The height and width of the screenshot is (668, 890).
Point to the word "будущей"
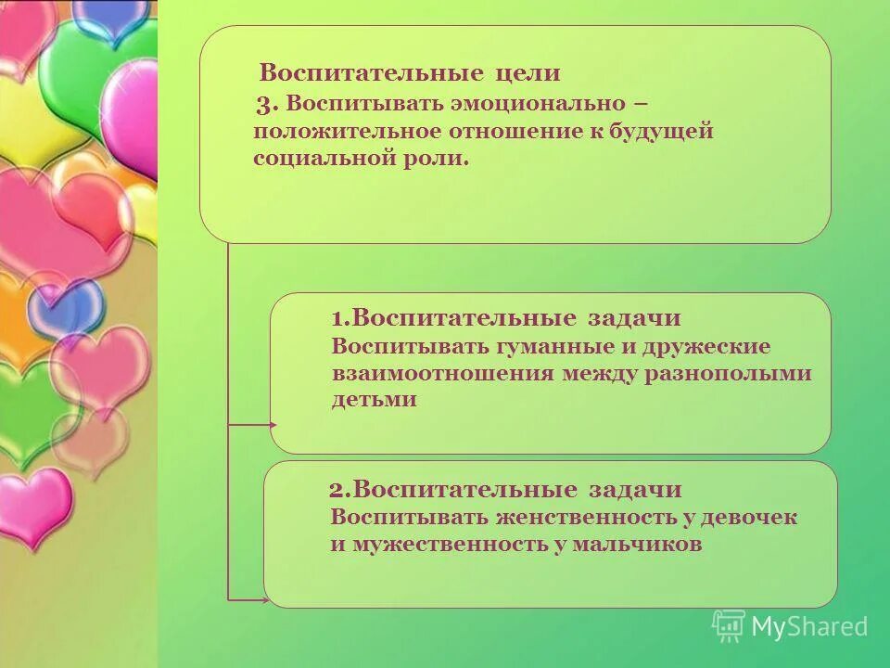coord(661,131)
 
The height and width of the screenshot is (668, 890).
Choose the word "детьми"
coord(375,401)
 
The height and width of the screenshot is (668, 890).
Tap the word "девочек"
coord(744,517)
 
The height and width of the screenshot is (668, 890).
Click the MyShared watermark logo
coord(790,626)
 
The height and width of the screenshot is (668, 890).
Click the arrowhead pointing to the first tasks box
coord(272,424)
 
